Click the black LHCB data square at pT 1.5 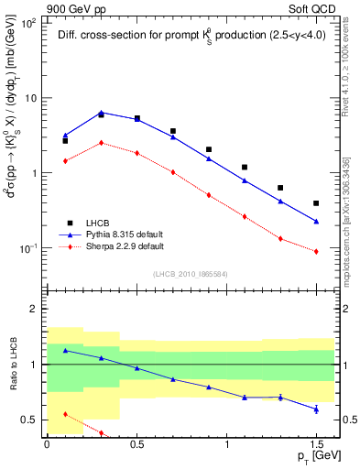[316, 203]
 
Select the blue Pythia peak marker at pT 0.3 [101, 112]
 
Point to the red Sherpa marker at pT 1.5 [316, 251]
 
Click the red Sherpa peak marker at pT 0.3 [101, 142]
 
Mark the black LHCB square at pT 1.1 [245, 168]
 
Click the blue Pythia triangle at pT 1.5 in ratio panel [316, 409]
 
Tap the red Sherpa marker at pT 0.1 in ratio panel [65, 414]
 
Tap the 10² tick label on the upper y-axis [27, 22]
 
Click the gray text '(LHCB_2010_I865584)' [191, 274]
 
